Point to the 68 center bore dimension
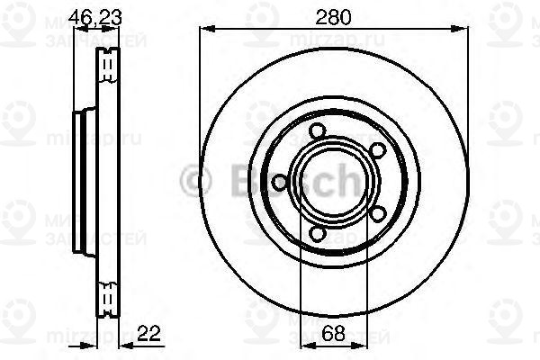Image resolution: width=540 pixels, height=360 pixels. [x=333, y=332]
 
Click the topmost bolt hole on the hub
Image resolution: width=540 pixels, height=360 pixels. [x=316, y=132]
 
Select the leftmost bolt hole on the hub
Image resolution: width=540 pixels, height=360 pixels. [x=280, y=183]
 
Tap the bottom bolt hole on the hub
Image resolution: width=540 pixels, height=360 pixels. [x=316, y=234]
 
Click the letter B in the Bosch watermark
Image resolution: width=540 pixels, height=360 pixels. [x=226, y=181]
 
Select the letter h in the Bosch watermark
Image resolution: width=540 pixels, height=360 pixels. [x=345, y=181]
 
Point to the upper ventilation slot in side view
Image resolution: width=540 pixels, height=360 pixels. [x=109, y=64]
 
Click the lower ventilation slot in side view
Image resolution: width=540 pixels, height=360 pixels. [x=109, y=295]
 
